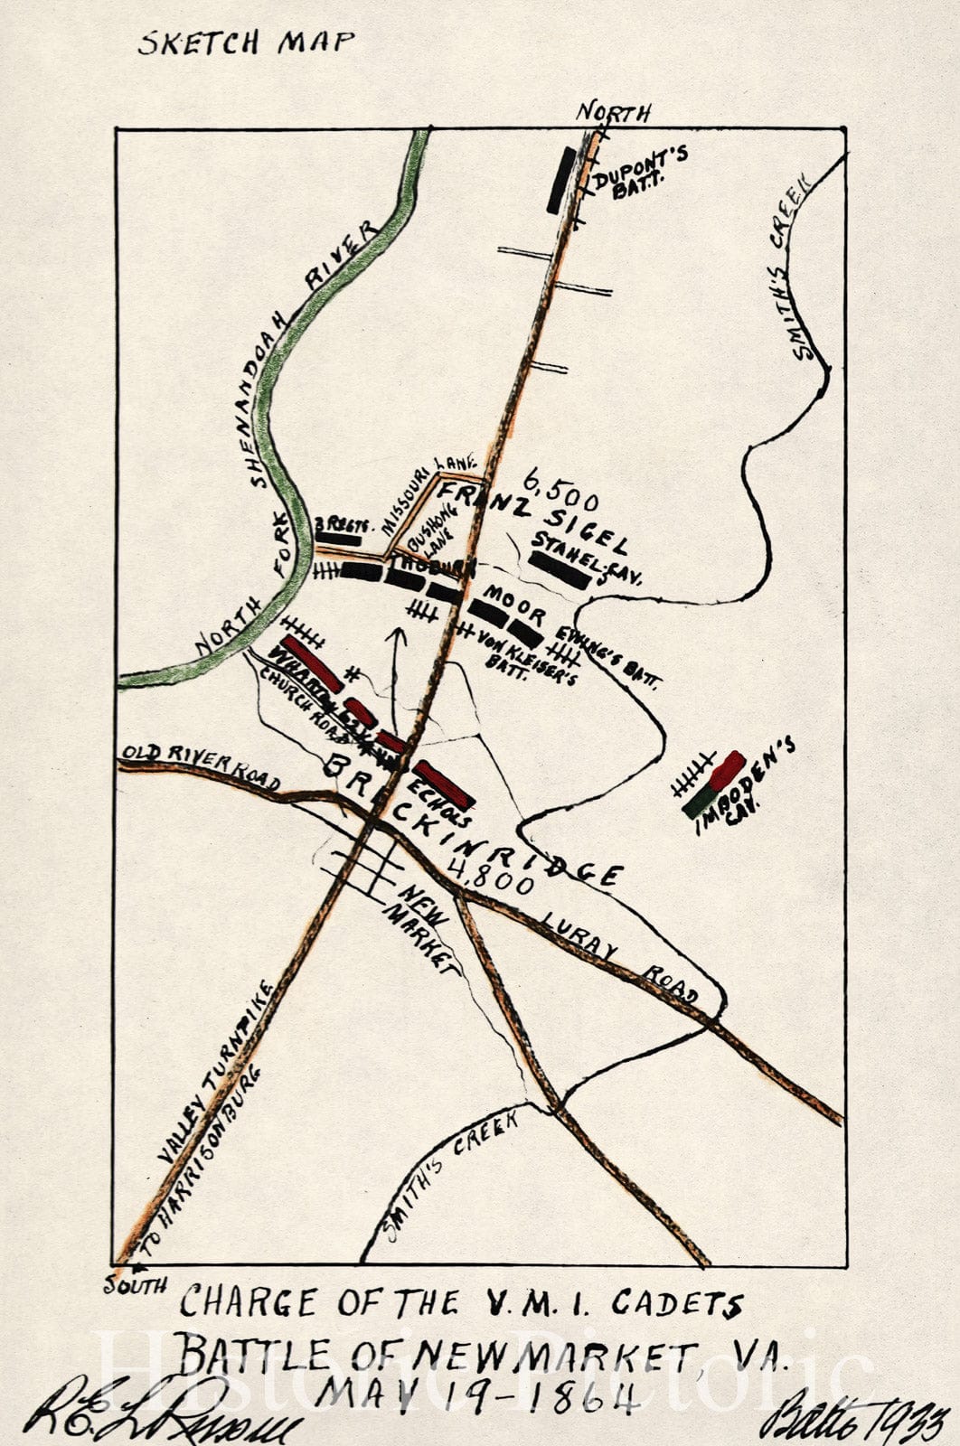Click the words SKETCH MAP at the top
(246, 42)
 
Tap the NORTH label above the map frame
(614, 112)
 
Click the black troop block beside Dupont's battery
(560, 180)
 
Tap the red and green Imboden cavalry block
(714, 784)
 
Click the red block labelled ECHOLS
(444, 784)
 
